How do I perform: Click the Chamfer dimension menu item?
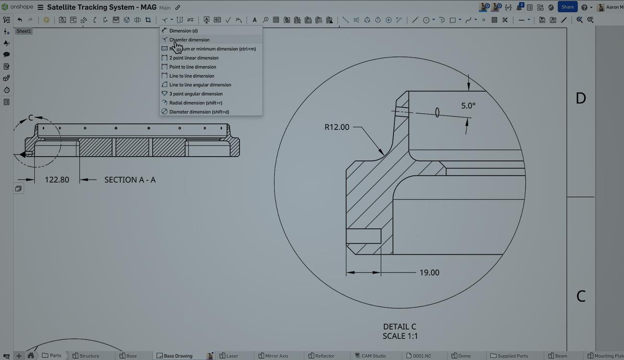pos(189,40)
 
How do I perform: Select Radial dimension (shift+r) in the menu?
pos(195,103)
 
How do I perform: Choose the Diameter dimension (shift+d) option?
pos(199,112)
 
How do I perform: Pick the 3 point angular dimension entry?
pos(196,94)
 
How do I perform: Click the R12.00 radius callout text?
pos(337,127)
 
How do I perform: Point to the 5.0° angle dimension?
pos(468,106)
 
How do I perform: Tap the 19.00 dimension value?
pos(429,273)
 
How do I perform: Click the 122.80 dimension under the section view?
pos(57,180)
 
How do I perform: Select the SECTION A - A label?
pos(130,180)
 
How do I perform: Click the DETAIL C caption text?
pos(400,327)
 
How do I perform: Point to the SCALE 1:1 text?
pos(400,336)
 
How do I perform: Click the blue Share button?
pos(567,7)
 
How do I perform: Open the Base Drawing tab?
pos(178,356)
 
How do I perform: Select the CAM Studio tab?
pos(373,356)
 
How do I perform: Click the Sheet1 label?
pos(24,31)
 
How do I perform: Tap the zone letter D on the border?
pos(580,98)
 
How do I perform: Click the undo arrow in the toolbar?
pos(20,20)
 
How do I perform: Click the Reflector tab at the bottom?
pos(324,356)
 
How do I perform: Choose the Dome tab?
pos(464,356)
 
